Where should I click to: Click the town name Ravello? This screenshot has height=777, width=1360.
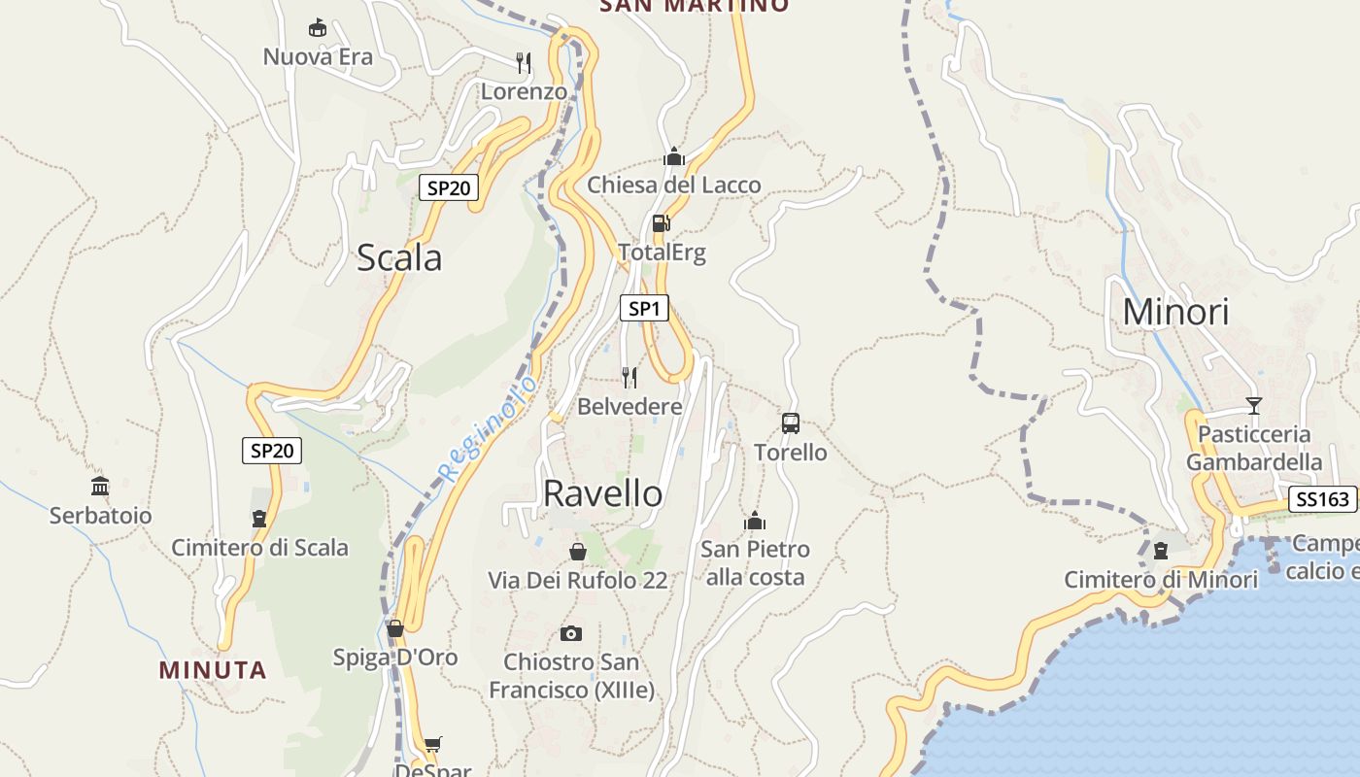[x=602, y=493]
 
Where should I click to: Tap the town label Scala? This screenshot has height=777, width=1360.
[x=399, y=257]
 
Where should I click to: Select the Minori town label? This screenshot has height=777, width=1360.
[x=1175, y=312]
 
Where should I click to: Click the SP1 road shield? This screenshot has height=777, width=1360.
[x=644, y=309]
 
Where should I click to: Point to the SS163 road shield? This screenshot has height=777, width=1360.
[x=1322, y=499]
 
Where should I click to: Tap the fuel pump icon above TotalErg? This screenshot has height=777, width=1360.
[x=661, y=223]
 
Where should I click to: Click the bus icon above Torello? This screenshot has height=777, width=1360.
[x=791, y=423]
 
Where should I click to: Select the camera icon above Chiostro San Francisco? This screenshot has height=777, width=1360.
[x=571, y=633]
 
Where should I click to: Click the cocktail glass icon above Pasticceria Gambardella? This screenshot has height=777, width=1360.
[x=1254, y=406]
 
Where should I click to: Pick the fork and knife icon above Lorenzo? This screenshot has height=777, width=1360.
[x=524, y=63]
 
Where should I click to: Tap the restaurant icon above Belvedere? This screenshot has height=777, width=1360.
[x=629, y=377]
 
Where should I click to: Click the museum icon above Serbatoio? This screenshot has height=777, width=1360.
[x=100, y=486]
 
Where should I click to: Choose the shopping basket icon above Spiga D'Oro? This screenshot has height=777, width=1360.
[x=394, y=628]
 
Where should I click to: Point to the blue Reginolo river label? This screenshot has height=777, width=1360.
[x=488, y=427]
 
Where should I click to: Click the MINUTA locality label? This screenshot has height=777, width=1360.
[x=213, y=670]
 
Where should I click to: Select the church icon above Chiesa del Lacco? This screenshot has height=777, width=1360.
[x=674, y=156]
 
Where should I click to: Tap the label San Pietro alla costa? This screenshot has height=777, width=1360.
[x=755, y=563]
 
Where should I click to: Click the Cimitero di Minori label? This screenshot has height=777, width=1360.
[x=1161, y=580]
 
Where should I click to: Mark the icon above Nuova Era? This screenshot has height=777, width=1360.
[x=317, y=27]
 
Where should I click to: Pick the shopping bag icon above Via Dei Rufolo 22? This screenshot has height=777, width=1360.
[x=578, y=552]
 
